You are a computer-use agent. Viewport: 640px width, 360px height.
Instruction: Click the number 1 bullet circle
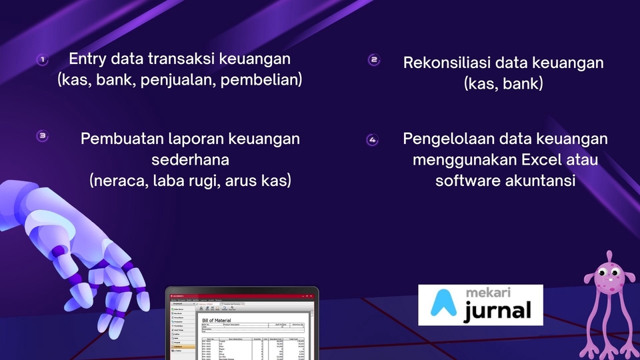(x=42, y=60)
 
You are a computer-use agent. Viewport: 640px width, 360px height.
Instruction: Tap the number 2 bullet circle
(x=374, y=60)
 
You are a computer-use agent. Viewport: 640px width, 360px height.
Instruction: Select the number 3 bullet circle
(x=42, y=136)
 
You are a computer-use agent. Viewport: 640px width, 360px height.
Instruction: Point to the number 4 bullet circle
(x=372, y=140)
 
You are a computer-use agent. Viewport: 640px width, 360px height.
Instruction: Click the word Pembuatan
(x=117, y=139)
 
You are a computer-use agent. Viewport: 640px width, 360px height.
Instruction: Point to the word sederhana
(x=190, y=160)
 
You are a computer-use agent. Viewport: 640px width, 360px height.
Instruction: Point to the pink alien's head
(x=607, y=275)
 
